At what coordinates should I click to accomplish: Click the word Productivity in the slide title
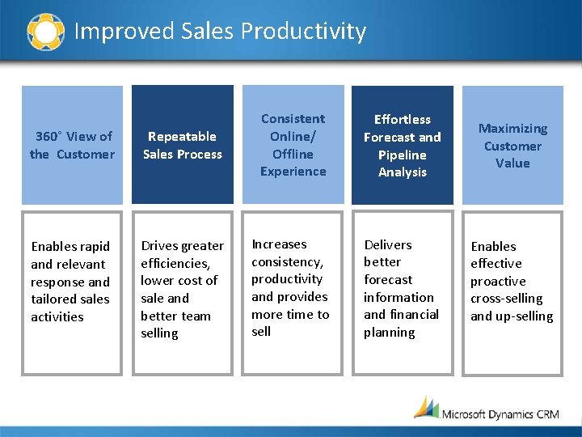303,32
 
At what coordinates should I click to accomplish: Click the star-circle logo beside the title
45,32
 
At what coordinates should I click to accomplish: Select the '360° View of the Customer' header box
72,145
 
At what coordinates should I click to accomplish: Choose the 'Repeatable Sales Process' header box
182,145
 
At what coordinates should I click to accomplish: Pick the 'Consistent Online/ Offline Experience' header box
293,145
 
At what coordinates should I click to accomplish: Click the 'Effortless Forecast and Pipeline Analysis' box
402,145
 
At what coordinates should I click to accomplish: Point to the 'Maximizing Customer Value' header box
512,145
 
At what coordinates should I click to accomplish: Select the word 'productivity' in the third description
287,279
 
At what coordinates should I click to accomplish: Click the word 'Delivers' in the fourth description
388,244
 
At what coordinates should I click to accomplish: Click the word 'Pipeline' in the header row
402,155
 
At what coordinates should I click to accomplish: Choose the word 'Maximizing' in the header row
512,129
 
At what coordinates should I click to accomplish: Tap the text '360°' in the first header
49,137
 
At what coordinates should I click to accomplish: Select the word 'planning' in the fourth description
389,333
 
